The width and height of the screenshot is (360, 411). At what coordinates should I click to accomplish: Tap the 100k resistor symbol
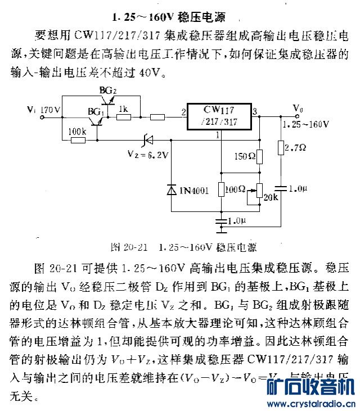(78, 138)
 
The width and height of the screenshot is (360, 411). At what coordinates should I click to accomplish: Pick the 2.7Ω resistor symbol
(280, 148)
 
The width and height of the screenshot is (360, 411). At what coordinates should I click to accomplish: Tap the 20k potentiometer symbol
(259, 194)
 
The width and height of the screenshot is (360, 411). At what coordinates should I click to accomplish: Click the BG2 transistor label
(107, 90)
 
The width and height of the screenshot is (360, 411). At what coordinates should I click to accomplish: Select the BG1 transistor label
(95, 112)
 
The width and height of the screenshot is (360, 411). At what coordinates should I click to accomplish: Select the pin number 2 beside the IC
(183, 112)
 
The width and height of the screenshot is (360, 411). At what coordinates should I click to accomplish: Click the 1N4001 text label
(194, 191)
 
